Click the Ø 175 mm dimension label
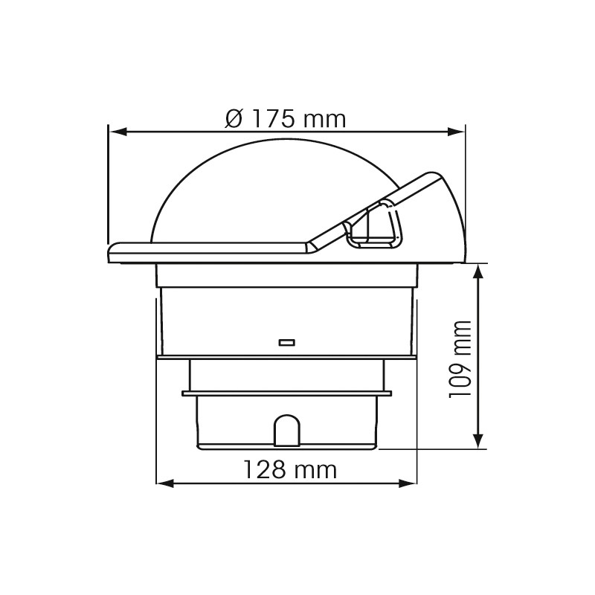point(286,119)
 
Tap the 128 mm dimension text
point(290,470)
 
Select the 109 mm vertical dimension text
point(460,359)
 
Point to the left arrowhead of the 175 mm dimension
point(118,132)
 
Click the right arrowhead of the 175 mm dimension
point(456,132)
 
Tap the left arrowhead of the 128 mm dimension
point(165,483)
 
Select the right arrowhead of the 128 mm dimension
point(408,483)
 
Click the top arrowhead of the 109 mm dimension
point(479,272)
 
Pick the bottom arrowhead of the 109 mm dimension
point(479,440)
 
